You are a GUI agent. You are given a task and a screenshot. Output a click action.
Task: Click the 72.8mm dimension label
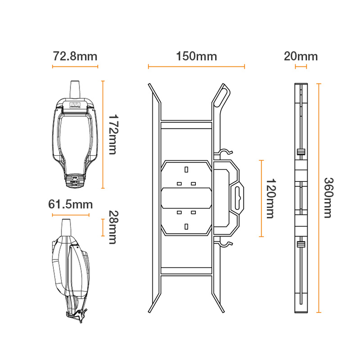(75, 56)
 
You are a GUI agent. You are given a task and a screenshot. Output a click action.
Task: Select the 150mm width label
(196, 56)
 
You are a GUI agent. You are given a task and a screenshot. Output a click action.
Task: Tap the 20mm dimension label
(301, 56)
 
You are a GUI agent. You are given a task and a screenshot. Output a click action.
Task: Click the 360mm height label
(329, 198)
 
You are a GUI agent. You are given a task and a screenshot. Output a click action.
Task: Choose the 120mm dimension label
(270, 199)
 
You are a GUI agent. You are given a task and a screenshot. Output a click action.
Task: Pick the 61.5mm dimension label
(70, 204)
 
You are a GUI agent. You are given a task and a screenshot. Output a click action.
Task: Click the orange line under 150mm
(196, 67)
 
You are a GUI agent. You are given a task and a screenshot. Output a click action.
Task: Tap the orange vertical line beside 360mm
(319, 198)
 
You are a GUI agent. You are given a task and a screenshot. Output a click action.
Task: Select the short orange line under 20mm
(301, 67)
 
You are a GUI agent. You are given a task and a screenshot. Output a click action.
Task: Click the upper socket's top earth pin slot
(186, 170)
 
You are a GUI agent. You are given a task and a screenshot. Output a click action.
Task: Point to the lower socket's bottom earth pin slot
(186, 225)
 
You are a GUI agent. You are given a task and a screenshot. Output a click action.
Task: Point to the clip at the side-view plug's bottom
(77, 316)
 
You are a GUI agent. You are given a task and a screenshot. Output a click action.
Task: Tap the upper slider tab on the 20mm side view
(301, 152)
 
